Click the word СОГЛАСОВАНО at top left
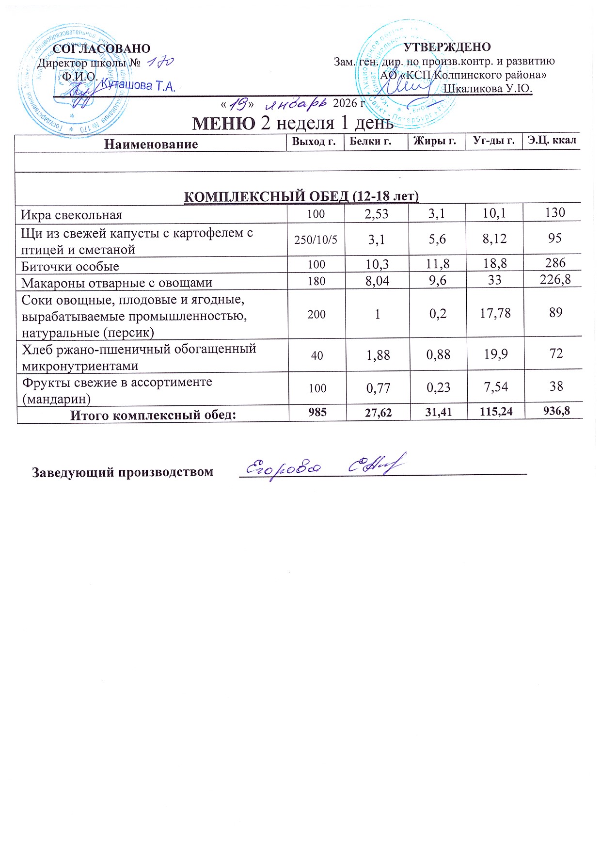coord(101,48)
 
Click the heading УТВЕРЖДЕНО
coord(447,47)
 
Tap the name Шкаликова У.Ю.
coord(488,89)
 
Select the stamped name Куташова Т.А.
coord(138,86)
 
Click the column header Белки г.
coord(371,141)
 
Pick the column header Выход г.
coord(314,141)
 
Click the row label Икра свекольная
coord(71,215)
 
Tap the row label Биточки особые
coord(70,266)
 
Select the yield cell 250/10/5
coord(316,239)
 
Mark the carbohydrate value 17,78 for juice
coord(495,313)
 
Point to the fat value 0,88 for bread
coord(438,355)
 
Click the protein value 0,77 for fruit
coord(378,387)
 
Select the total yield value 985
coord(317,412)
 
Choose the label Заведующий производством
coord(123,472)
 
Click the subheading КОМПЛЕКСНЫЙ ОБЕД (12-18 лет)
coord(302,196)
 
